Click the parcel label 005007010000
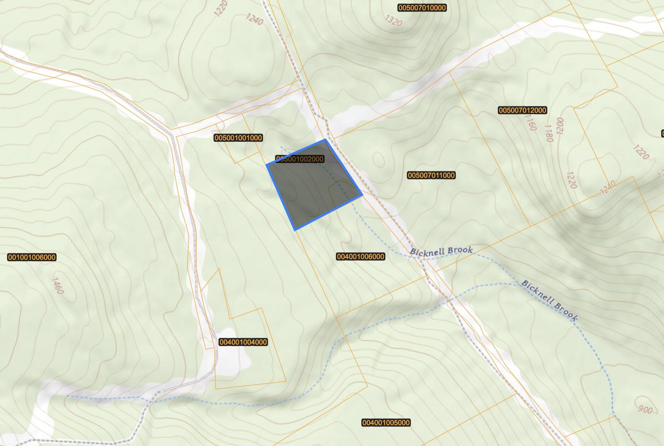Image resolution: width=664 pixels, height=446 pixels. pyautogui.click(x=422, y=8)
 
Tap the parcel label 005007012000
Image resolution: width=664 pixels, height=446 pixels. pyautogui.click(x=522, y=110)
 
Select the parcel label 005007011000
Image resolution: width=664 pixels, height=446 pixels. pyautogui.click(x=431, y=175)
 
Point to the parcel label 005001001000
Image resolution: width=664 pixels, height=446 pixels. pyautogui.click(x=238, y=138)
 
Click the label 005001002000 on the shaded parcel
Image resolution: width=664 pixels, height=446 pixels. pyautogui.click(x=299, y=159)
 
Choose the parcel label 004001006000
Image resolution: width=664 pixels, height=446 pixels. pyautogui.click(x=360, y=257)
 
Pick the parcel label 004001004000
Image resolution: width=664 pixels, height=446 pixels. pyautogui.click(x=243, y=342)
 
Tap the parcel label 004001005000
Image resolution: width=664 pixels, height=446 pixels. pyautogui.click(x=386, y=423)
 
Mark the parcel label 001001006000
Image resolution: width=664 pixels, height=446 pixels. pyautogui.click(x=31, y=257)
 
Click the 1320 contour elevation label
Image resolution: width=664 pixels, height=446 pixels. pyautogui.click(x=393, y=21)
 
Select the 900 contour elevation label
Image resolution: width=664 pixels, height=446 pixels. pyautogui.click(x=646, y=409)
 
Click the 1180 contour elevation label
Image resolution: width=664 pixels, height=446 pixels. pyautogui.click(x=548, y=133)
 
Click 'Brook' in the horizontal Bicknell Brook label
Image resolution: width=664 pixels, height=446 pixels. pyautogui.click(x=459, y=251)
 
